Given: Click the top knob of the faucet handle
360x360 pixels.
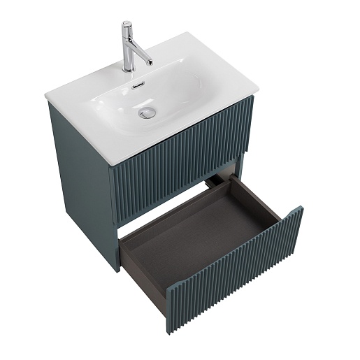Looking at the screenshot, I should (127, 24).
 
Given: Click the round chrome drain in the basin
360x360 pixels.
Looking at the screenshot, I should (147, 113).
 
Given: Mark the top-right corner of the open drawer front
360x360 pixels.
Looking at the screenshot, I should (301, 207).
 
